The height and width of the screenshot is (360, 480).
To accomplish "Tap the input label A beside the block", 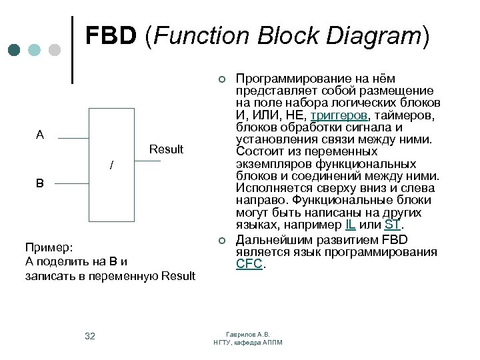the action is [x=40, y=135].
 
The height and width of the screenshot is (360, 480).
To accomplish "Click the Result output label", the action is [x=166, y=149].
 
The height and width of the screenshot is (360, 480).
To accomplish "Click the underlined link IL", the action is [x=350, y=225].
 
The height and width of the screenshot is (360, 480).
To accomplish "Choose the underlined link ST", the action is [x=392, y=225].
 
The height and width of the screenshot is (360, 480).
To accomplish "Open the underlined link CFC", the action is [x=250, y=264].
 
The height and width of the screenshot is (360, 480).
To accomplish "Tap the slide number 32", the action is [x=90, y=336].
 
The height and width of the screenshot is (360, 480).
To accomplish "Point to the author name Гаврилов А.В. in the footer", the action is [x=248, y=334].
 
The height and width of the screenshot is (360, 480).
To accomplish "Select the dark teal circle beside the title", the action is [x=15, y=49].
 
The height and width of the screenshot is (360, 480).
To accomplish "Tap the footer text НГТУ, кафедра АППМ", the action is [x=248, y=342].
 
